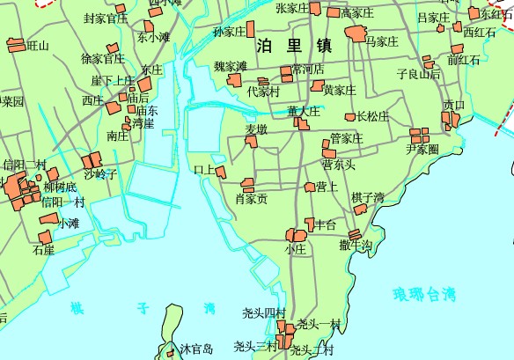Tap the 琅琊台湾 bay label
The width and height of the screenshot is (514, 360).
point(425,294)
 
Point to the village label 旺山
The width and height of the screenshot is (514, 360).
point(38,45)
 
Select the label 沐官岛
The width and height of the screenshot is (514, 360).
point(197,349)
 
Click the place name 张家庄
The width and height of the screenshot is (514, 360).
point(292,8)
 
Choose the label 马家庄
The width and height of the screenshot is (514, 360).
point(383,41)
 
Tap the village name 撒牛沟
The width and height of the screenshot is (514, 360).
point(356,245)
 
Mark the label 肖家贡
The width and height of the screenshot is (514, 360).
point(251,199)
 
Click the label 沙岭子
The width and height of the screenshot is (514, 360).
point(100,174)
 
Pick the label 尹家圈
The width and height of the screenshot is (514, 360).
point(422,149)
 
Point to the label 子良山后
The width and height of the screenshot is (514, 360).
point(418,74)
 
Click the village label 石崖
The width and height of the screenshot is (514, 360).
point(44,250)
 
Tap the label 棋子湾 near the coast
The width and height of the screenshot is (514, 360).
point(368,197)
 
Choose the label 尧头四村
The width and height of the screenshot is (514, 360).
point(264,313)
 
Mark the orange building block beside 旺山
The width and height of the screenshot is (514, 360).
point(15,43)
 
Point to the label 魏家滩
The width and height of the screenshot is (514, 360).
point(231,66)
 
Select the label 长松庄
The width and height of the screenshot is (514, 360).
point(372,116)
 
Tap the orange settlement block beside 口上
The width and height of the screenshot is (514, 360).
point(220,172)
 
